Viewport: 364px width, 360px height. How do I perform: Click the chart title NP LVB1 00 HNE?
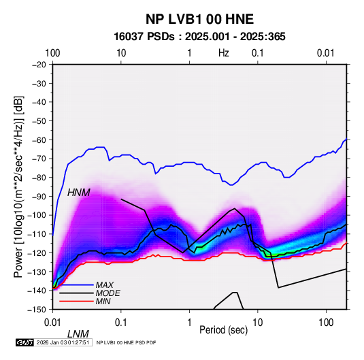(x=199, y=19)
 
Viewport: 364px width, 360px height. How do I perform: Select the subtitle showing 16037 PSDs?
(x=199, y=37)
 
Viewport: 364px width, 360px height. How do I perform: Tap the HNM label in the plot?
(x=79, y=193)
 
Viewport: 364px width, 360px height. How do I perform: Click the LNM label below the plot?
(x=78, y=334)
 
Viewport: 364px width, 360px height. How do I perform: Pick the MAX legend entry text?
(x=105, y=285)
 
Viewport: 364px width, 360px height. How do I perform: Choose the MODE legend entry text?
(x=107, y=293)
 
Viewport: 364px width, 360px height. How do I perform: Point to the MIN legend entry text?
(x=103, y=301)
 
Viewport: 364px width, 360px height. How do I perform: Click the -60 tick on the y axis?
(x=39, y=140)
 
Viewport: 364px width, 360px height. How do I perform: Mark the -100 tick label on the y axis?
(x=37, y=215)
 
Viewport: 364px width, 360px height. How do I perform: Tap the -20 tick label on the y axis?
(x=39, y=65)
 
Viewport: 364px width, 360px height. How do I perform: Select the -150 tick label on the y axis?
(x=37, y=310)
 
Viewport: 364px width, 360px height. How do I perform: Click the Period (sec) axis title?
(x=224, y=330)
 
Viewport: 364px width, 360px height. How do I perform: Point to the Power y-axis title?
(x=18, y=186)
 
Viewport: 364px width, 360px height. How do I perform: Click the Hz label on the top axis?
(x=224, y=53)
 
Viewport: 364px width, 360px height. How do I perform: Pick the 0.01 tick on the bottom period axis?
(x=52, y=323)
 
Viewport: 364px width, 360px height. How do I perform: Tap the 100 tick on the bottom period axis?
(x=326, y=323)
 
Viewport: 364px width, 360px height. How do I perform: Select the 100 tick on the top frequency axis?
(x=52, y=53)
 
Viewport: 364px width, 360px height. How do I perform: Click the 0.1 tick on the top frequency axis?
(x=258, y=53)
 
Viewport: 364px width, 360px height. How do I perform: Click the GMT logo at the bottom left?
(x=24, y=342)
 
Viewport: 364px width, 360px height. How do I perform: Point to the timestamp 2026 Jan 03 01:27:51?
(x=63, y=342)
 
